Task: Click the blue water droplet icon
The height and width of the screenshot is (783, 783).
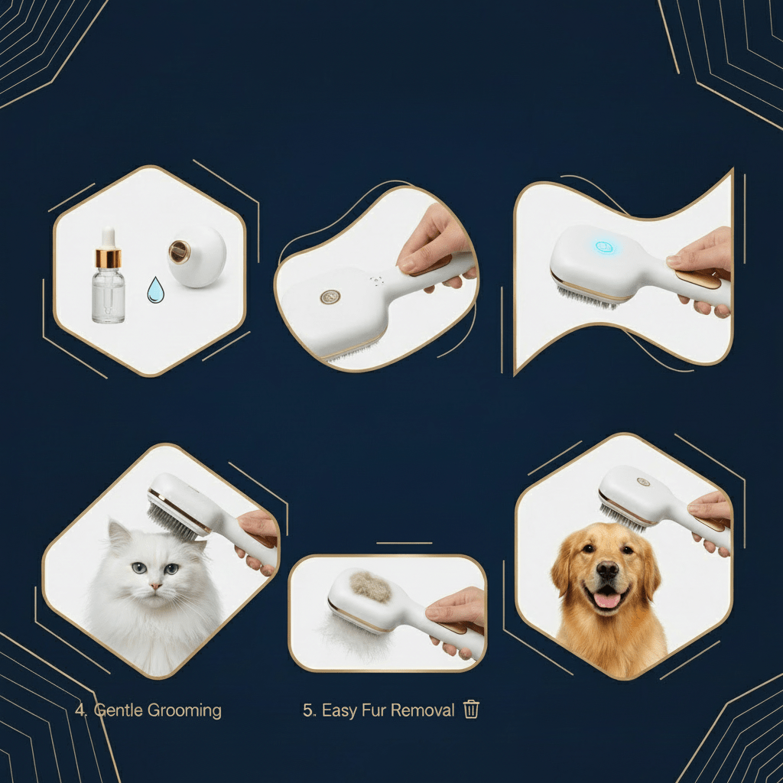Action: pos(156,291)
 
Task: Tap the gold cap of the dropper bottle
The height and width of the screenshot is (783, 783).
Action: pos(109,258)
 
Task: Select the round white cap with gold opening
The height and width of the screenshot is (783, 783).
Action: pos(197,256)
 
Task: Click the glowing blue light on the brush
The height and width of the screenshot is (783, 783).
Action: pos(605,247)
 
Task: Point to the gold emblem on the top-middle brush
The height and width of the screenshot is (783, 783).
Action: pos(330,297)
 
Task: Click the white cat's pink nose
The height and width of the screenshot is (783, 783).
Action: pos(156,586)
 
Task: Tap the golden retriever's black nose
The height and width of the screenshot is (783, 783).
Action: pos(607,570)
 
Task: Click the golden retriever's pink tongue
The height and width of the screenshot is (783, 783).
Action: pos(606,600)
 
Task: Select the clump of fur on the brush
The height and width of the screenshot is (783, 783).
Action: pos(370,586)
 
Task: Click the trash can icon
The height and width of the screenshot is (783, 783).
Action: pos(471,709)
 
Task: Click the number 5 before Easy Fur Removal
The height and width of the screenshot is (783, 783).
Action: pos(307,710)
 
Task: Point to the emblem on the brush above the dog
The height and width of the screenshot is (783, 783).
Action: pos(643,482)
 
